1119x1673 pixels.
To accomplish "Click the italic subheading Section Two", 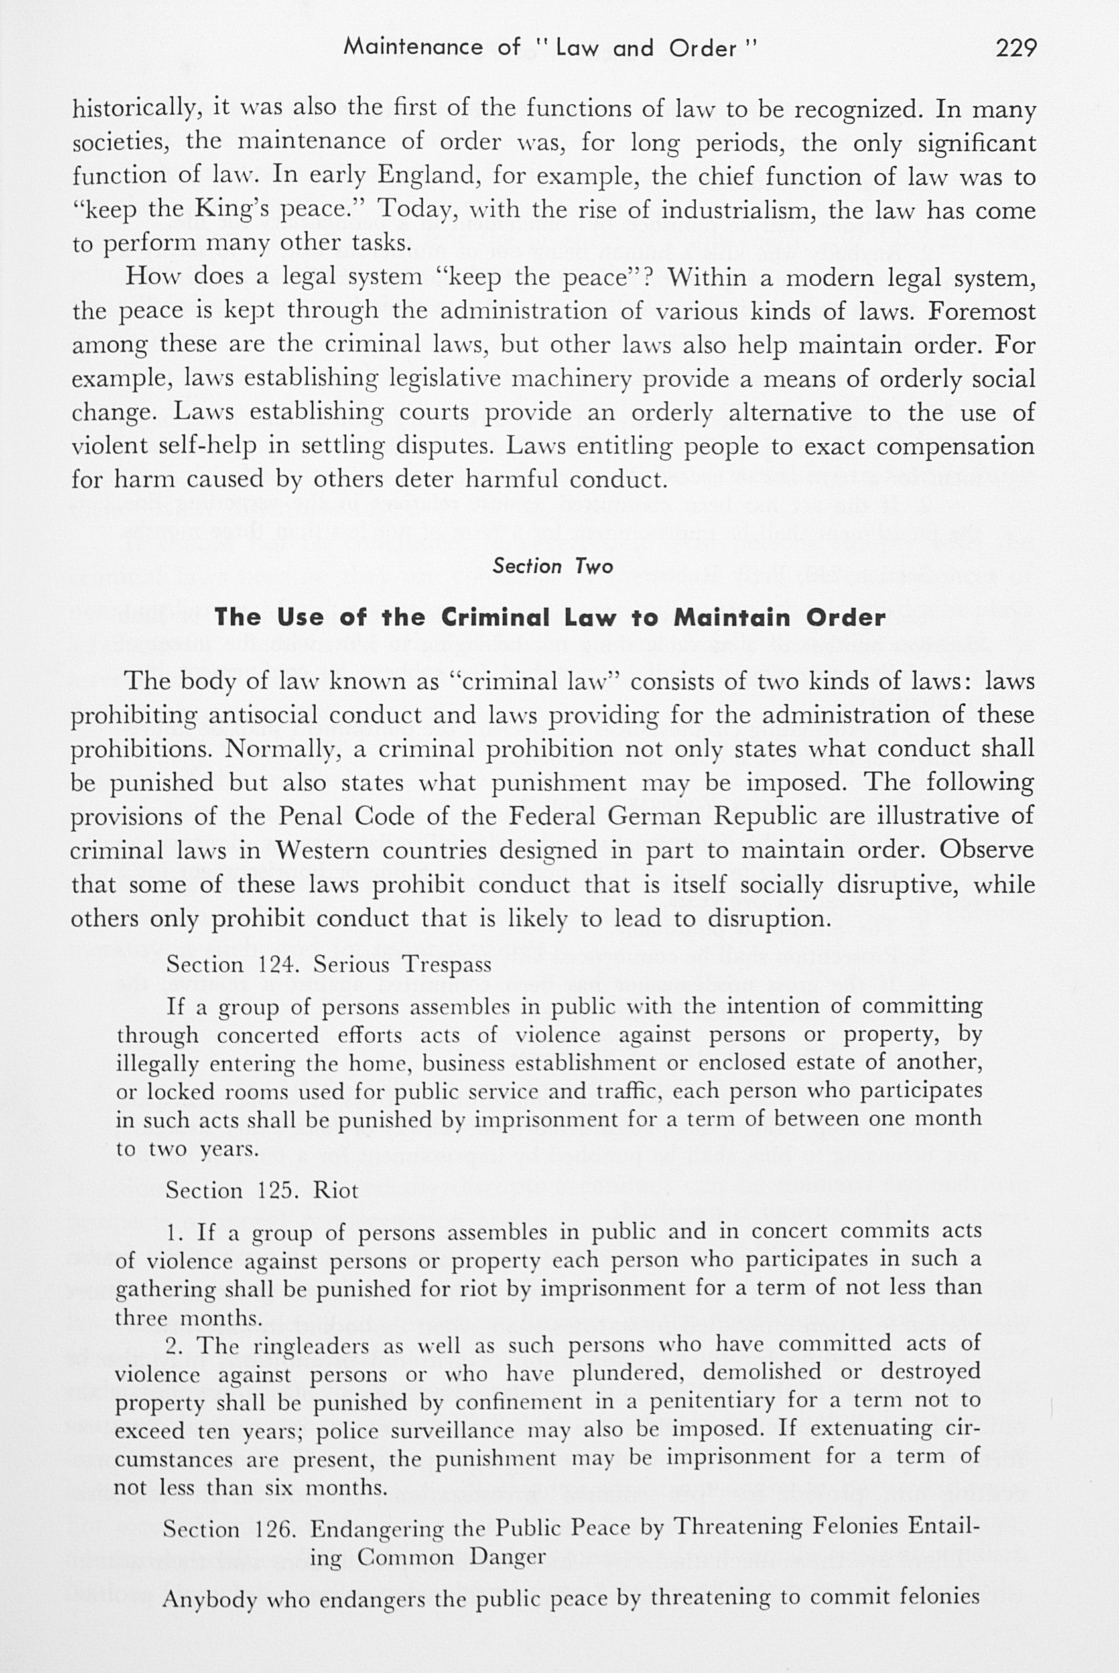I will click(x=553, y=567).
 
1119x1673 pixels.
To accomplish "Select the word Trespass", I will click(x=448, y=965).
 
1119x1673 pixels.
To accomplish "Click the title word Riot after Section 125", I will click(x=336, y=1191).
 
